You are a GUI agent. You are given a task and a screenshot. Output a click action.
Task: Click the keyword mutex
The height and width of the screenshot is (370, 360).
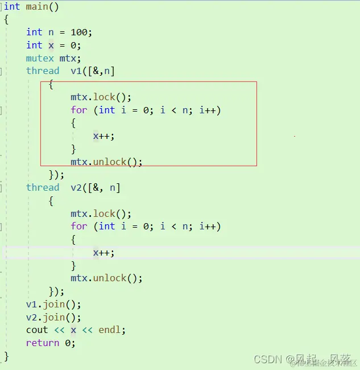click(40, 58)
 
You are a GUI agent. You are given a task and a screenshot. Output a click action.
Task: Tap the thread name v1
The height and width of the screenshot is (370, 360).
click(76, 71)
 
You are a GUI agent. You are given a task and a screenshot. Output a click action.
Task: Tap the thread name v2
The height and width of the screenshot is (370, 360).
click(76, 187)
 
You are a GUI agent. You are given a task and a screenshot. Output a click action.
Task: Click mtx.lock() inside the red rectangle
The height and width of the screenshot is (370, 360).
click(101, 97)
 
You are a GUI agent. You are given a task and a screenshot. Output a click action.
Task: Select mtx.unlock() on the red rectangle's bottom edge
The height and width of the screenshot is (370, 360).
click(106, 162)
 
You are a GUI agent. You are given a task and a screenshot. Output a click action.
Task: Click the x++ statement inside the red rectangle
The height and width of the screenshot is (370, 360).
click(104, 135)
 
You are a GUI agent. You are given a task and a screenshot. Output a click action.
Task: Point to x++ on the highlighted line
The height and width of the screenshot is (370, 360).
click(104, 252)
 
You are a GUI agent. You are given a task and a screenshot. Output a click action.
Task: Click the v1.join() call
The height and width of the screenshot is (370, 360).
click(53, 304)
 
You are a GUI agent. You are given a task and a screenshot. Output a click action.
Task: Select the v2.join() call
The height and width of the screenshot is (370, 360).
click(53, 317)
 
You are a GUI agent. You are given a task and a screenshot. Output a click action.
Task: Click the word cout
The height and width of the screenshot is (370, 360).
click(37, 330)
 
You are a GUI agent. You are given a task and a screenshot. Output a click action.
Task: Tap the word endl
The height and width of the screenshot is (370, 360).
click(109, 330)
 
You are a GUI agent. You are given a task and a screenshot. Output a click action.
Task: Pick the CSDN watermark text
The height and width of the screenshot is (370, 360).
click(269, 359)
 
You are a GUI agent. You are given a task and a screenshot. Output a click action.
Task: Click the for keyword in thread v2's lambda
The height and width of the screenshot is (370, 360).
click(79, 227)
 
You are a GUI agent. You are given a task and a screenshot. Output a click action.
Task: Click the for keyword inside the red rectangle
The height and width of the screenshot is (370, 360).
click(79, 110)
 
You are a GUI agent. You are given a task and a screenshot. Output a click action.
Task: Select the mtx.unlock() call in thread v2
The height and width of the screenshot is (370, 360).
click(106, 278)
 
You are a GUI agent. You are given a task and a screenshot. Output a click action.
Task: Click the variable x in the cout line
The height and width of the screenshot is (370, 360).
click(73, 330)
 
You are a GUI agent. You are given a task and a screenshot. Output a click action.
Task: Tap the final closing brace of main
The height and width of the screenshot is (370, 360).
click(7, 356)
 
